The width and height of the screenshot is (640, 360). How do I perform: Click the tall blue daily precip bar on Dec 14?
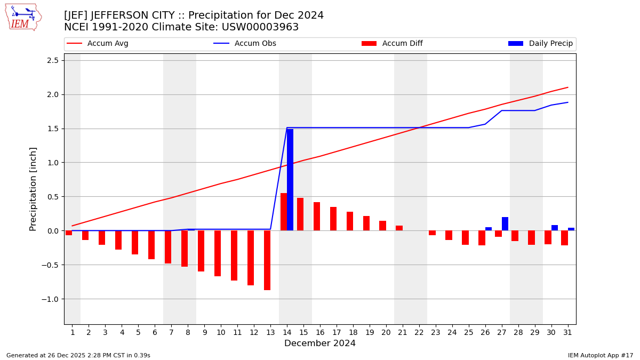click(290, 180)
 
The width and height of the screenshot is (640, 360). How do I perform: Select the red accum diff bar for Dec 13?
click(267, 260)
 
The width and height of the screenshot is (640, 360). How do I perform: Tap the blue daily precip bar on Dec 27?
click(505, 224)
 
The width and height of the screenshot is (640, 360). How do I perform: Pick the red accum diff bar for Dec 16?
click(317, 217)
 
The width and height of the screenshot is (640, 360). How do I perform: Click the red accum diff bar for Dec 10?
click(218, 253)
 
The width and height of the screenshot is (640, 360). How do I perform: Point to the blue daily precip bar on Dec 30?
click(555, 228)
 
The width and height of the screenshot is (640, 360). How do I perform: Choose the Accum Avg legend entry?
click(98, 44)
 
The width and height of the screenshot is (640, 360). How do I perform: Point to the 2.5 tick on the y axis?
click(52, 60)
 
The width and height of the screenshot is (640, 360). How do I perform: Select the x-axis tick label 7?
click(171, 333)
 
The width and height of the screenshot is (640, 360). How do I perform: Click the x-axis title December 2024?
click(320, 343)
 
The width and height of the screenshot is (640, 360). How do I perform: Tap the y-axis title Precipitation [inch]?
click(34, 189)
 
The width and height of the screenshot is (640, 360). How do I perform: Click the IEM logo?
click(23, 17)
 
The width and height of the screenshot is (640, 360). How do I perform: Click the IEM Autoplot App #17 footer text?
click(601, 355)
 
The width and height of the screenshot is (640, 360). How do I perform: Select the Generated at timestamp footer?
click(78, 355)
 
